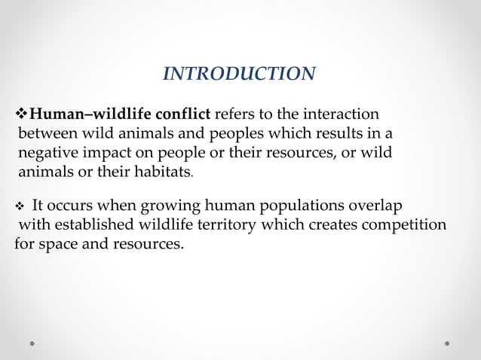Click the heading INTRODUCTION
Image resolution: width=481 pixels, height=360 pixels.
(240, 74)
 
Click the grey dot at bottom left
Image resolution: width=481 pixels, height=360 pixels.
(32, 343)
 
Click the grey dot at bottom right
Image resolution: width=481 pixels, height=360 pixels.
(447, 343)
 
